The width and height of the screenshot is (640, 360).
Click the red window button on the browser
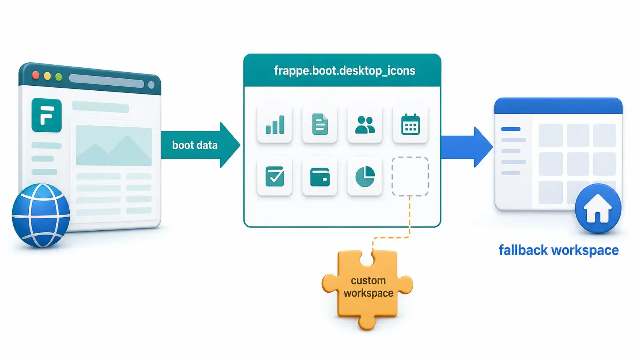pos(36,75)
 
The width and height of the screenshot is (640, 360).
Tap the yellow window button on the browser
pos(47,76)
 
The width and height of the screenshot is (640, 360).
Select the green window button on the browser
pos(59,77)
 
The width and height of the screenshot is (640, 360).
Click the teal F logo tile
pos(47,115)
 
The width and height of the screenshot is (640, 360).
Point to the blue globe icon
pos(41,215)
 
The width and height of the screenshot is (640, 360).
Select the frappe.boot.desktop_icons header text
pos(344,70)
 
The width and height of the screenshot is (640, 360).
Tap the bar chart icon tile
pos(274,124)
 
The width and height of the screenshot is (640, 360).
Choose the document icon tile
pos(320,124)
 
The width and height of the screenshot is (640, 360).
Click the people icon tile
pos(365,124)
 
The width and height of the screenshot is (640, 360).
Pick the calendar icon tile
pos(410,124)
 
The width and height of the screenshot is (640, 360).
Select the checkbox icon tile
pos(274,176)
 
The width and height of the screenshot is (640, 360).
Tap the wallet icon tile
pos(320,176)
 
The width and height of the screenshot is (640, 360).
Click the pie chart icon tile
pos(365,176)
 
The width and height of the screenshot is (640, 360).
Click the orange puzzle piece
pos(367,288)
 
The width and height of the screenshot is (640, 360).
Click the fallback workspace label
pos(558,250)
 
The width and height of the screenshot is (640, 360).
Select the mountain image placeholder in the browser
pos(114,146)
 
